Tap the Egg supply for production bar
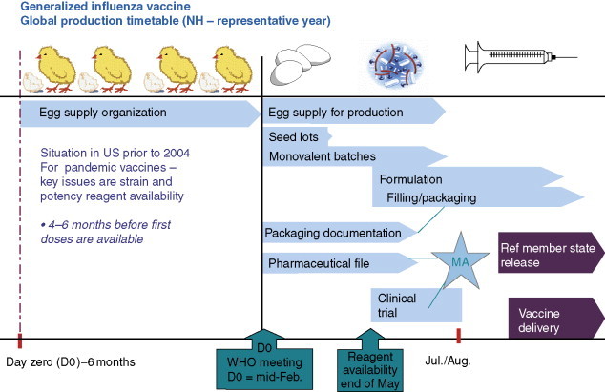coord(353,113)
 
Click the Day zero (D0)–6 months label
coord(71,361)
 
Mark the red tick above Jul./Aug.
coord(459,336)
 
